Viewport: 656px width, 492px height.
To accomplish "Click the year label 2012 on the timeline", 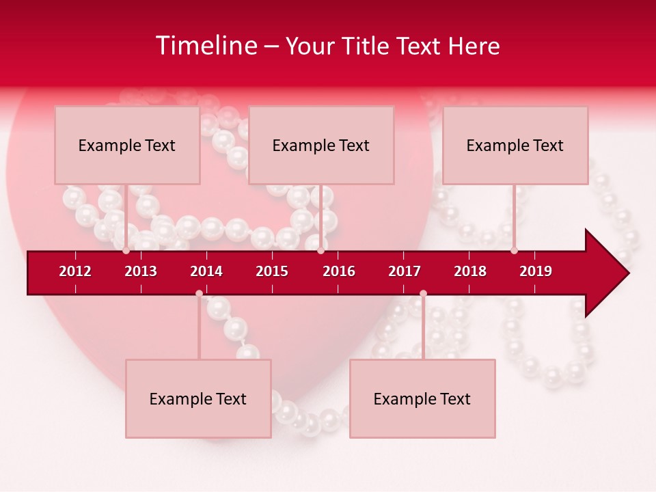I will coord(75,271).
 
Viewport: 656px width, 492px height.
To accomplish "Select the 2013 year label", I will coord(141,271).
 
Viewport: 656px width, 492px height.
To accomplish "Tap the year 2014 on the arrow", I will coord(206,271).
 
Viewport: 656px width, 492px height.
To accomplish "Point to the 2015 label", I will coord(272,271).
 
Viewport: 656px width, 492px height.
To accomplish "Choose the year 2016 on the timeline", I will coord(339,271).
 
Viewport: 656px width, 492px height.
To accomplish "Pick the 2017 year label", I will coord(405,271).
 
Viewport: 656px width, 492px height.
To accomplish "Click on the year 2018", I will coord(470,271).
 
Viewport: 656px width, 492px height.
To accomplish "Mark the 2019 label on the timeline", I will coord(536,271).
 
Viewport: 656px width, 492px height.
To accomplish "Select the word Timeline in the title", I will coord(206,46).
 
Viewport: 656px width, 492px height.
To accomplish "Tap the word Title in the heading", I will coord(366,46).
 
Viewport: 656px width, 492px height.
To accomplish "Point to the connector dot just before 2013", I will coord(126,251).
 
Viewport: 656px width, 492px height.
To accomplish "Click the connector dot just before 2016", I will coord(320,251).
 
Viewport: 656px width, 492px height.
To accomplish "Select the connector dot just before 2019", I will coord(514,251).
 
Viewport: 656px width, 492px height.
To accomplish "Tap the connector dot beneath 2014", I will coord(199,294).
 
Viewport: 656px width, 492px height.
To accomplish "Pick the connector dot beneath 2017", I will coord(423,294).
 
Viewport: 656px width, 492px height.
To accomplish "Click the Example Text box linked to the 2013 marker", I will coord(127,145).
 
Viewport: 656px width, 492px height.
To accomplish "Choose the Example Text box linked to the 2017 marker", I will coord(422,398).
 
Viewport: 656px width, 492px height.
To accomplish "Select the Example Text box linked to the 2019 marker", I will coord(515,145).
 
